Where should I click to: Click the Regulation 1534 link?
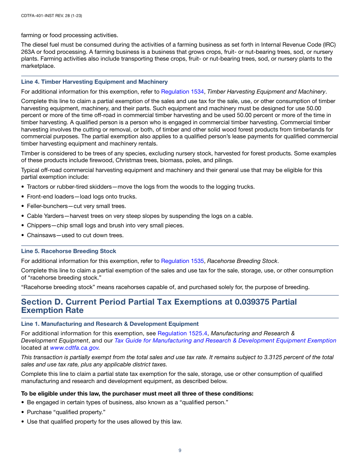point(182,92)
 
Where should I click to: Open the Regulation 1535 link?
point(182,261)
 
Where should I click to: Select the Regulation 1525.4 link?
point(182,333)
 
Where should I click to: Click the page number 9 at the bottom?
point(180,450)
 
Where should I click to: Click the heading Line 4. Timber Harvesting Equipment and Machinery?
point(94,82)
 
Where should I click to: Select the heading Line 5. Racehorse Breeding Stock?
point(69,251)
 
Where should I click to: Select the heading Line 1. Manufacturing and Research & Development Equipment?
point(110,324)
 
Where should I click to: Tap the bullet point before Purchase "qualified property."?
point(23,412)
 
